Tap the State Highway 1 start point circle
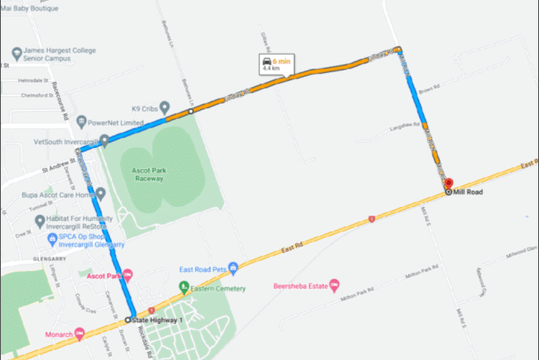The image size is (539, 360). (x=129, y=320)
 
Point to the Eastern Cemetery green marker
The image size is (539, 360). (x=183, y=287)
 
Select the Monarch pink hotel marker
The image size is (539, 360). (x=80, y=333)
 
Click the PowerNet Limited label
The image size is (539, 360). (x=114, y=123)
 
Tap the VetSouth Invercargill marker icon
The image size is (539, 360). (x=105, y=140)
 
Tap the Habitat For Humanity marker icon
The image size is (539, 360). (x=39, y=220)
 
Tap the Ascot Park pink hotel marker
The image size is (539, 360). (x=128, y=275)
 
